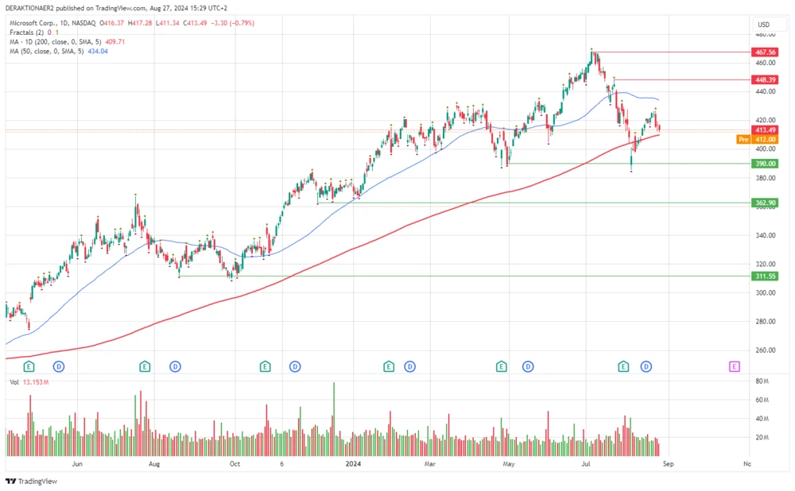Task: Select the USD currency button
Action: click(764, 25)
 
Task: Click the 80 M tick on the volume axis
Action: click(762, 381)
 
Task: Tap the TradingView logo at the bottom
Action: click(25, 481)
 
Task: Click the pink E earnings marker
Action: click(734, 366)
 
